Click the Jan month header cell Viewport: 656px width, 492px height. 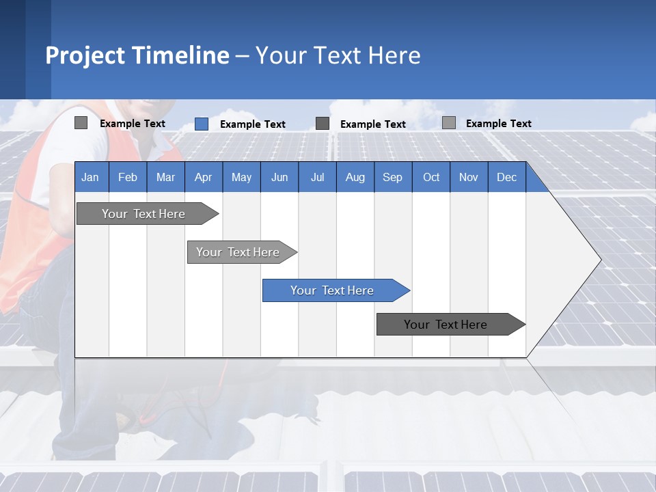click(91, 177)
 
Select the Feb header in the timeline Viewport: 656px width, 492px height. click(128, 177)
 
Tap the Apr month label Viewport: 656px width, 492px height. click(204, 177)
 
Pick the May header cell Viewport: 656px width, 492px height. click(241, 177)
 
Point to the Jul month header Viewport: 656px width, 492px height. click(317, 177)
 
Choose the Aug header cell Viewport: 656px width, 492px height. click(355, 177)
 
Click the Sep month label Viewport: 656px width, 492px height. click(393, 177)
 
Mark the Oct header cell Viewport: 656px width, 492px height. click(431, 177)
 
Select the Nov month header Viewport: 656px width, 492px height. click(469, 177)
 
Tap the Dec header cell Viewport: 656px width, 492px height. click(507, 177)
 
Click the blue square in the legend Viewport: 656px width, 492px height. click(202, 124)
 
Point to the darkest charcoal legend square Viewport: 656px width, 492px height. click(323, 123)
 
